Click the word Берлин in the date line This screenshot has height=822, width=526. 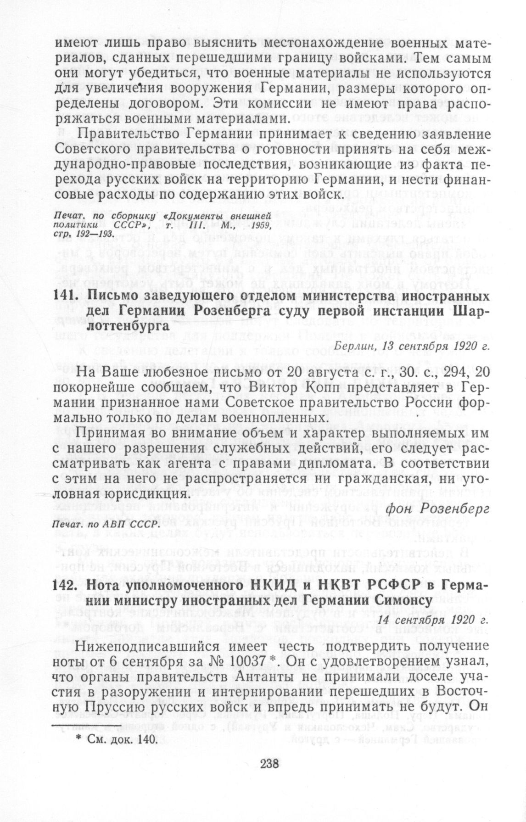tap(351, 346)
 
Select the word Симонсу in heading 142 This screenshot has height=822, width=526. tap(399, 600)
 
